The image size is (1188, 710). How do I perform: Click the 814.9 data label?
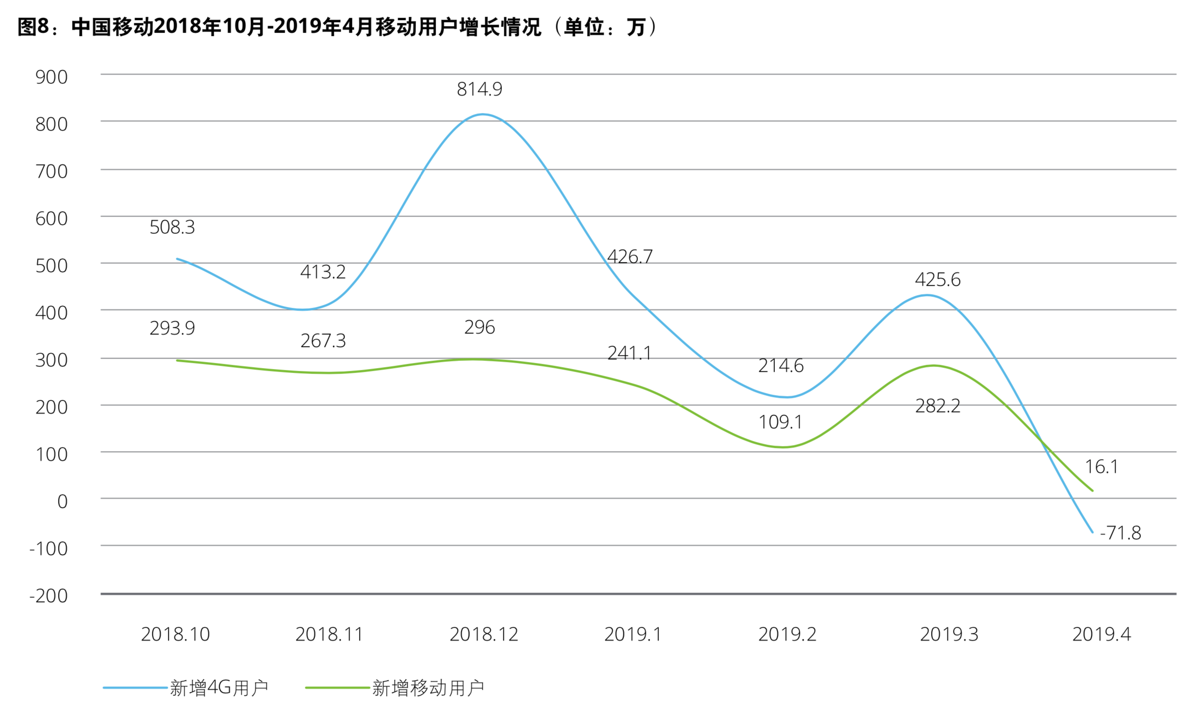click(x=479, y=89)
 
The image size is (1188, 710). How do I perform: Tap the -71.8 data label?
click(x=1120, y=532)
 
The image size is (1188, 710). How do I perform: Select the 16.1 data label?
click(x=1102, y=467)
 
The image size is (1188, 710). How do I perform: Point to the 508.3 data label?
click(x=172, y=227)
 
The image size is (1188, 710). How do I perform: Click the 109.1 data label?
click(x=780, y=422)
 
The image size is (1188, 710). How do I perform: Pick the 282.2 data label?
click(x=937, y=406)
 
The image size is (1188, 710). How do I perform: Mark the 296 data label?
click(x=479, y=327)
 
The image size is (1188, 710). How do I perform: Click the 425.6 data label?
click(x=937, y=279)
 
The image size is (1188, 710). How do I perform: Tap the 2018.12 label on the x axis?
click(x=483, y=634)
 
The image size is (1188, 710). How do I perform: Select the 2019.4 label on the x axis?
click(x=1101, y=634)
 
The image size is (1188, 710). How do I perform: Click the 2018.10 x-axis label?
click(x=175, y=634)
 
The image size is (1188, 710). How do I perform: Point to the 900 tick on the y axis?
click(x=51, y=77)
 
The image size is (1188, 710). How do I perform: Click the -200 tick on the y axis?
click(x=48, y=596)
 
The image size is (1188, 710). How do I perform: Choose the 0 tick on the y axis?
click(x=62, y=501)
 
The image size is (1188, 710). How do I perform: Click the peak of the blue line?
click(x=482, y=114)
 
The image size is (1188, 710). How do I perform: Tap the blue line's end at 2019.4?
click(x=1092, y=532)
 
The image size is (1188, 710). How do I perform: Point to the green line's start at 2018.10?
click(x=177, y=360)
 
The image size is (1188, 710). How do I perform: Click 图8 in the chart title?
click(x=33, y=27)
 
